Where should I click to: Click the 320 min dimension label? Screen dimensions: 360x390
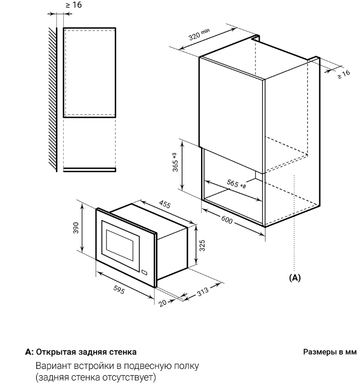(x=199, y=34)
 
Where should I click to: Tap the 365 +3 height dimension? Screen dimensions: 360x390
(x=175, y=162)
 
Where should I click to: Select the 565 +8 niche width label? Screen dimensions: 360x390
(x=236, y=183)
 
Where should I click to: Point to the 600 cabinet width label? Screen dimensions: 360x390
(x=227, y=220)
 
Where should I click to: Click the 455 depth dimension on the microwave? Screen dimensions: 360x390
(x=165, y=204)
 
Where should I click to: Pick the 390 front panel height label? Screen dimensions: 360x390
(x=76, y=228)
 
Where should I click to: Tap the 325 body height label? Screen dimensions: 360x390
(x=202, y=245)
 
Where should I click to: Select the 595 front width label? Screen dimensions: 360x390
(x=119, y=289)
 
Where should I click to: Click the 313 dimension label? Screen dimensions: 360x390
(x=203, y=291)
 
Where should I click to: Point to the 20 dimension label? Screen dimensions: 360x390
(x=162, y=303)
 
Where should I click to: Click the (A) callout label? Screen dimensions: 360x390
(x=295, y=278)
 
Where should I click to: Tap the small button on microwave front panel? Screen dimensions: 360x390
(x=144, y=272)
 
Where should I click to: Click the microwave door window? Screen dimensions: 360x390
(x=119, y=242)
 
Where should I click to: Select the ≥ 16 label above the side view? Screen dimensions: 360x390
(x=74, y=5)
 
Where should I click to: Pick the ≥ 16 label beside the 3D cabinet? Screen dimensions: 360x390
(x=344, y=74)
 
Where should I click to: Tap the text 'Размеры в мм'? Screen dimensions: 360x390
(x=330, y=352)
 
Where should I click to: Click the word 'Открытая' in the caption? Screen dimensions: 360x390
(x=56, y=352)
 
